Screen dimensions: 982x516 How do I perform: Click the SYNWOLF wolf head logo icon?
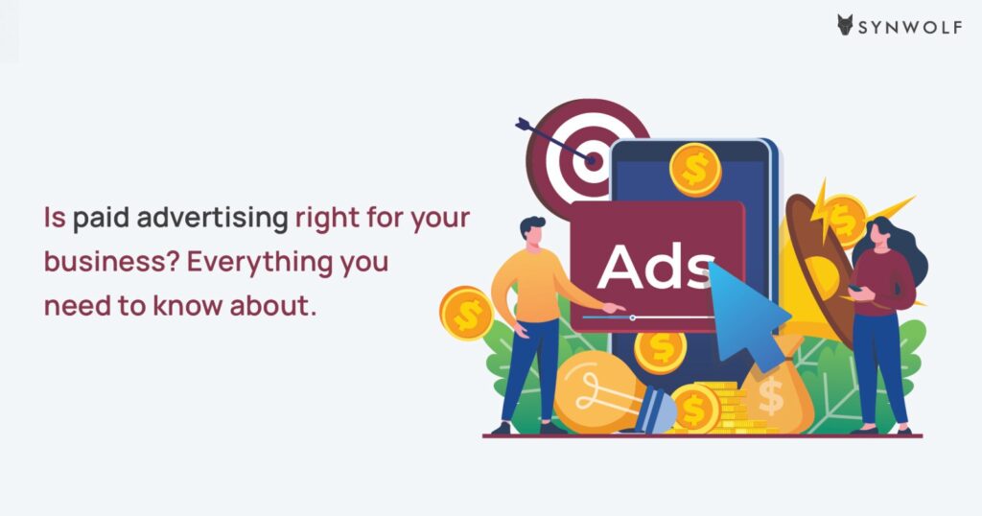(x=846, y=25)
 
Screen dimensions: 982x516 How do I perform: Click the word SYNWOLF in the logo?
(x=910, y=27)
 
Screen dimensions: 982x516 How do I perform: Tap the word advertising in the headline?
(x=212, y=219)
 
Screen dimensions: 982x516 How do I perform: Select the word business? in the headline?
(x=113, y=261)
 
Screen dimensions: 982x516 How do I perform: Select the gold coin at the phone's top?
(x=695, y=170)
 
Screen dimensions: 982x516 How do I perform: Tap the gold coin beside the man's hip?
(x=466, y=313)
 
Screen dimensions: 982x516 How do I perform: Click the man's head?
(x=532, y=231)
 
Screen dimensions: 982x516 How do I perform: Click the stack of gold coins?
(x=727, y=408)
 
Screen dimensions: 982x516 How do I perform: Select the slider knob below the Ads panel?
(x=633, y=318)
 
